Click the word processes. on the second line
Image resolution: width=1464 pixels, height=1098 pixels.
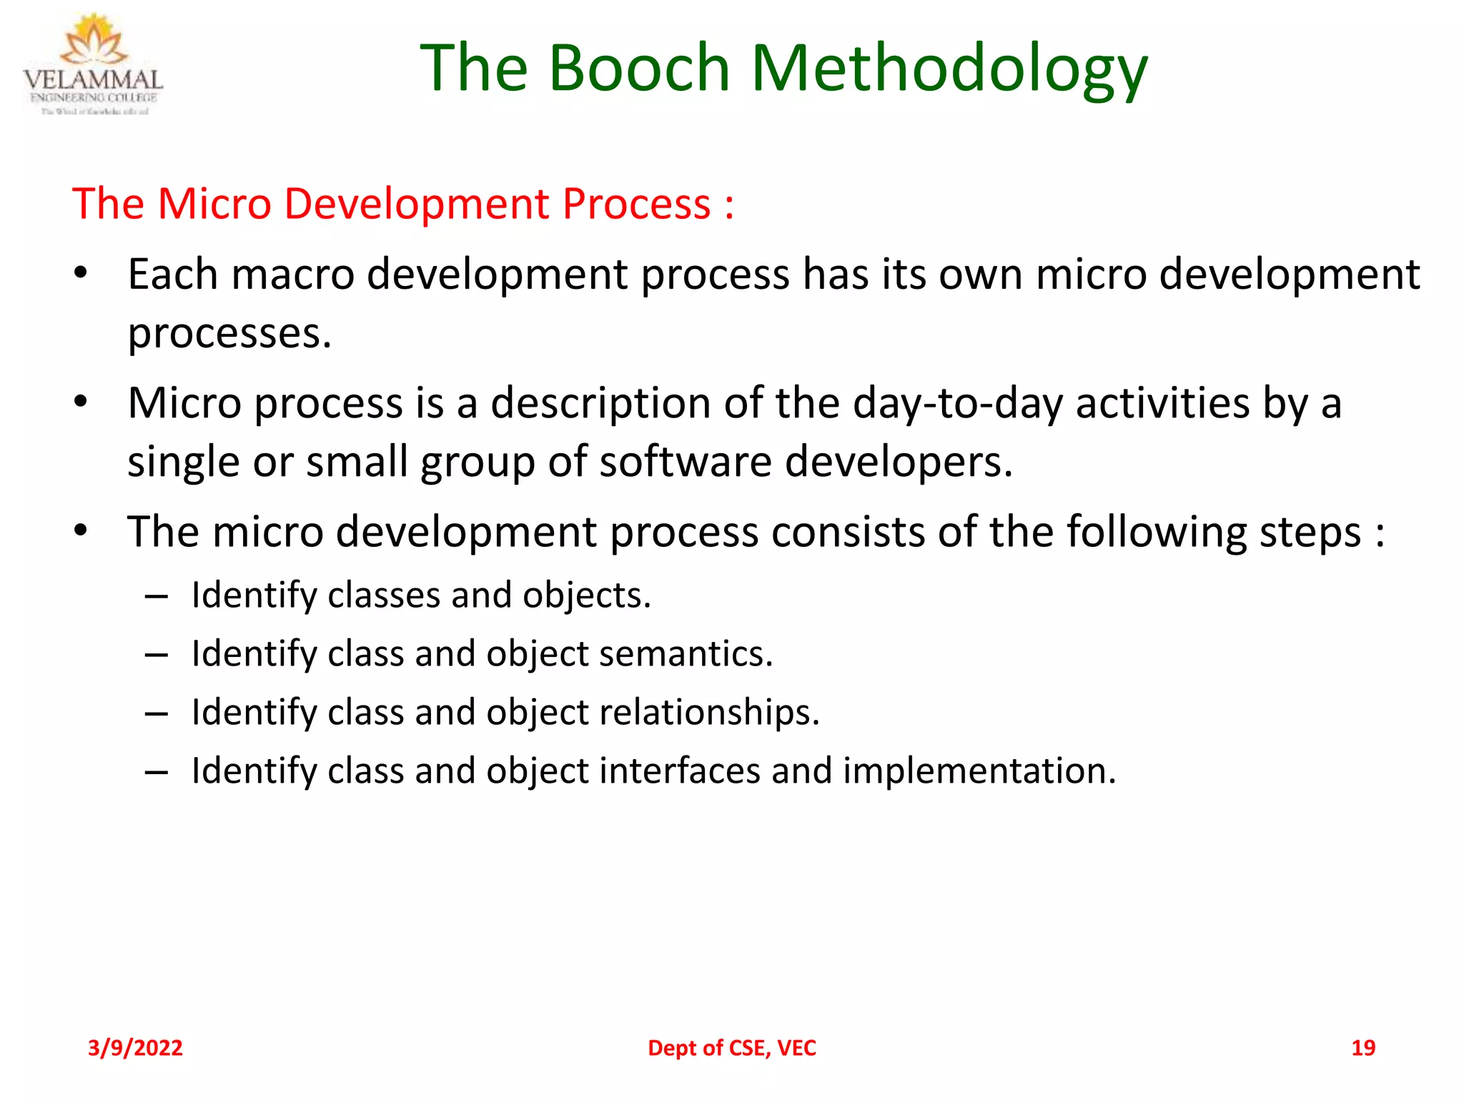coord(229,334)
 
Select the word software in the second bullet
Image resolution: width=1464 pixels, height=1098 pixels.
coord(685,463)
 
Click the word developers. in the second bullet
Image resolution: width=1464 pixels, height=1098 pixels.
coord(899,463)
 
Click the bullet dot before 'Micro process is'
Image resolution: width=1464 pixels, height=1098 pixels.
coord(81,402)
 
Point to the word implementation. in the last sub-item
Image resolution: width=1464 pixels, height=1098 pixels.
coord(979,771)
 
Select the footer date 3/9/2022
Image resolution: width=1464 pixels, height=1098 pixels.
coord(135,1048)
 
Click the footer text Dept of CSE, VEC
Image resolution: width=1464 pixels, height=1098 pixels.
coord(731,1048)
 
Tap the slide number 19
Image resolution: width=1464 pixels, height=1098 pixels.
coord(1362,1048)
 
